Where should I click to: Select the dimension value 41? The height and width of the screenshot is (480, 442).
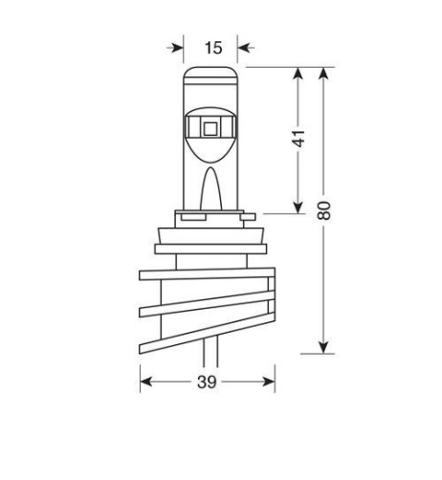click(299, 139)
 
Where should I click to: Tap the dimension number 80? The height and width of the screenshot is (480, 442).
click(326, 209)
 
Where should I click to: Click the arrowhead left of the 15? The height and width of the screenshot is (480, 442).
click(175, 46)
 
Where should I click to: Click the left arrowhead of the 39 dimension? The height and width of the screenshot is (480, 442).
click(147, 382)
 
